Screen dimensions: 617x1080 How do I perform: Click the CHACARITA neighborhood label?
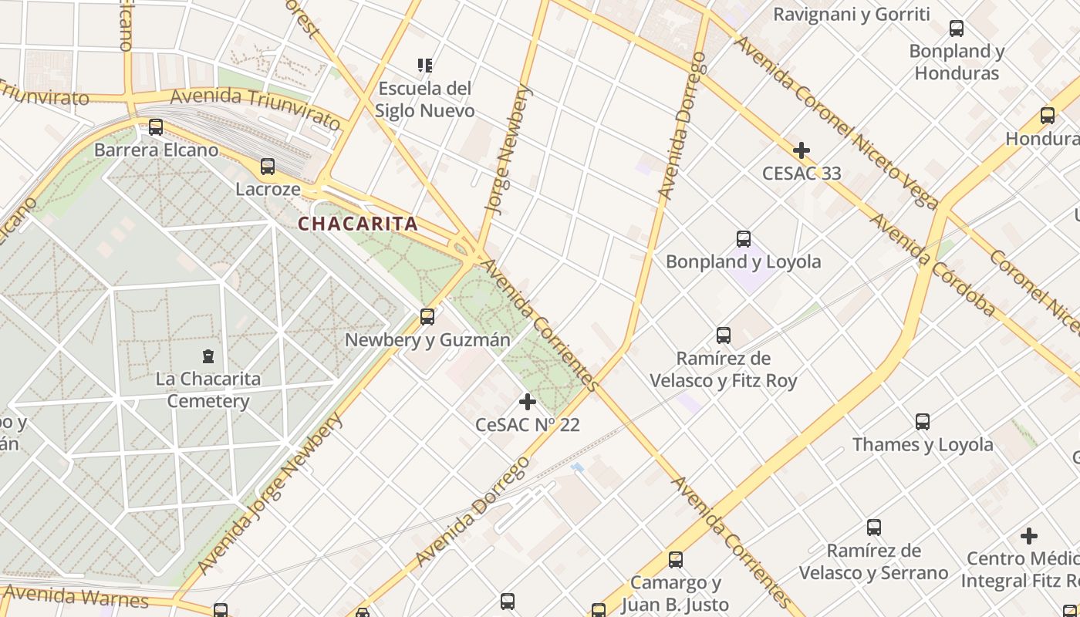pyautogui.click(x=358, y=224)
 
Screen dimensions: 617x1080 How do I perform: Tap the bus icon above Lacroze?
pyautogui.click(x=268, y=166)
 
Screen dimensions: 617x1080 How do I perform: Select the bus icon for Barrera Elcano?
pyautogui.click(x=156, y=127)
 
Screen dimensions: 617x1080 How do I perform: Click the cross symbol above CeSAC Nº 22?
pyautogui.click(x=528, y=402)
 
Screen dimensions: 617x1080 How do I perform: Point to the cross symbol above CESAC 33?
pyautogui.click(x=802, y=150)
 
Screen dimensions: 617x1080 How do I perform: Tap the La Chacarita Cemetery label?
pyautogui.click(x=208, y=390)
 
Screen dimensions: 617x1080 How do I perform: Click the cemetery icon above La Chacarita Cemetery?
pyautogui.click(x=208, y=356)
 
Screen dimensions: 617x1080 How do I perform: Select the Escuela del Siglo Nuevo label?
pyautogui.click(x=424, y=99)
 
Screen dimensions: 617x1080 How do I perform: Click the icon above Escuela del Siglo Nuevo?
pyautogui.click(x=424, y=66)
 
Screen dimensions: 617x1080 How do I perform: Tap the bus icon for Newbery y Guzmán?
pyautogui.click(x=427, y=317)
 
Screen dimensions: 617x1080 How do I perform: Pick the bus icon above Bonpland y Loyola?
pyautogui.click(x=744, y=239)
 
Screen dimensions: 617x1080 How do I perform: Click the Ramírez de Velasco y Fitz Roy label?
pyautogui.click(x=724, y=369)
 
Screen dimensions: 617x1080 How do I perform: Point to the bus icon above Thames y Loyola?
pyautogui.click(x=923, y=422)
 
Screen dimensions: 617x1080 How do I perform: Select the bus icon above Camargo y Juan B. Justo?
pyautogui.click(x=676, y=560)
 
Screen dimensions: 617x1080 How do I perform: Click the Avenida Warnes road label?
pyautogui.click(x=76, y=596)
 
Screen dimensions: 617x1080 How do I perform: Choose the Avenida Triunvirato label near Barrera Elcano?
pyautogui.click(x=255, y=106)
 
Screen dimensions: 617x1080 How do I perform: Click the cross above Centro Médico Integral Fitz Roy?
pyautogui.click(x=1028, y=535)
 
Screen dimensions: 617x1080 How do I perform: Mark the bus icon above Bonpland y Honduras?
pyautogui.click(x=957, y=29)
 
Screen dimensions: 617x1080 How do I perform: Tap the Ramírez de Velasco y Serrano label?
pyautogui.click(x=873, y=561)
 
